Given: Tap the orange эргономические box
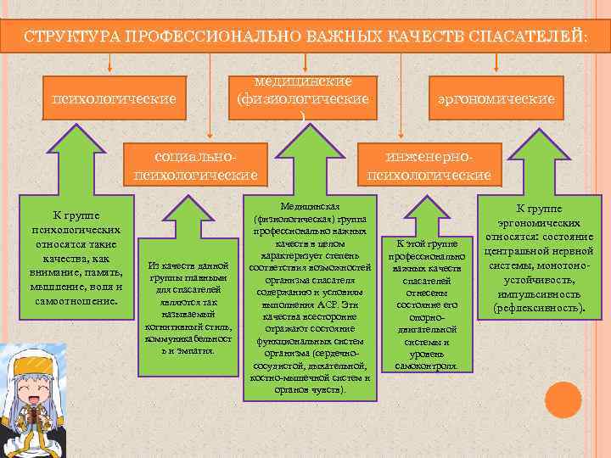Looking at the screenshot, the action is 496,99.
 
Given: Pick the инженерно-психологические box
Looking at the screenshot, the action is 428,166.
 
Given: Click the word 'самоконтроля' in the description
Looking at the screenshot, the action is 421,366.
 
